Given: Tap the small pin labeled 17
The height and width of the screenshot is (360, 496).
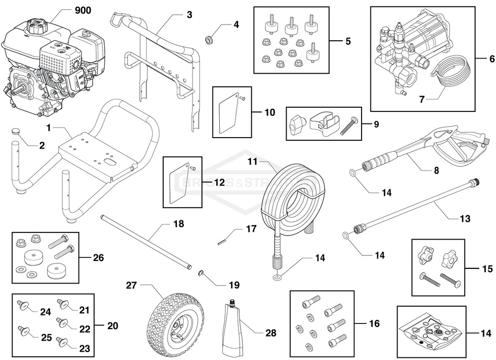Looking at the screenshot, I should pos(222,241).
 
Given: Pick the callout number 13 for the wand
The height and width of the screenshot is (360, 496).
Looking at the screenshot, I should pos(464,218).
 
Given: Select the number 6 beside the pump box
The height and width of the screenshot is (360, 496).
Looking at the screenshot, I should pos(491,58).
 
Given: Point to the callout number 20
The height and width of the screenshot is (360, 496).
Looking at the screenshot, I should pos(112,325).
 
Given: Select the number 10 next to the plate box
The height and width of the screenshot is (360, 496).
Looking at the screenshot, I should pos(269,113).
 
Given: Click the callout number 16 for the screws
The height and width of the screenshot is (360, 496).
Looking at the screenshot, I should pos(374,323).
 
